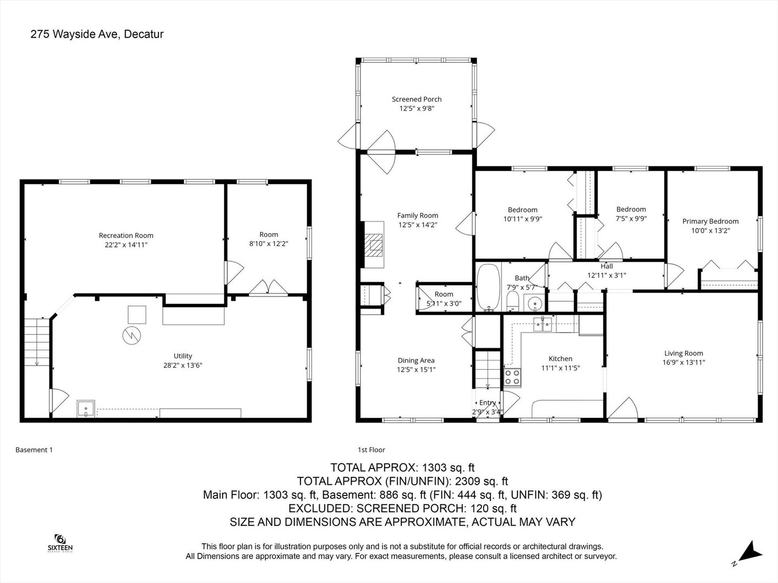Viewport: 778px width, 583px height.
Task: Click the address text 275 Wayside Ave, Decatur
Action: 97,34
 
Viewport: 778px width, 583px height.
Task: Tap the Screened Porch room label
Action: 417,99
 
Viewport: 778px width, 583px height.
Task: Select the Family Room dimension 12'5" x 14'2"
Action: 417,225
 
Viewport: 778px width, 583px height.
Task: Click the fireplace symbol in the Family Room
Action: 373,246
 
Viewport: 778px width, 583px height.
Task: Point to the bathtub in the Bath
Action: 489,287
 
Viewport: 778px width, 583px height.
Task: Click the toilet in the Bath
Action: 513,303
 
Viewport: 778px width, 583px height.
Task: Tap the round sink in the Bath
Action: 535,304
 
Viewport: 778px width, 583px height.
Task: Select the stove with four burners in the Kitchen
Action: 512,377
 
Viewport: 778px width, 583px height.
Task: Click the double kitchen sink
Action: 542,323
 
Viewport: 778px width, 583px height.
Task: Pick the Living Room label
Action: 683,354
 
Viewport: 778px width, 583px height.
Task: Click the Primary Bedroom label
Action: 710,221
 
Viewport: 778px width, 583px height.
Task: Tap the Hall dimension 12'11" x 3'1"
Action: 606,275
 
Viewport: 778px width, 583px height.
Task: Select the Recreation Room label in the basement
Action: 126,235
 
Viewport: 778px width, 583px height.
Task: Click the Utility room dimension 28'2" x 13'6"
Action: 183,365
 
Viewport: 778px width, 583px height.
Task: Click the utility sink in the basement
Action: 86,409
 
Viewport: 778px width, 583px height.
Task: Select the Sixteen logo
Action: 60,543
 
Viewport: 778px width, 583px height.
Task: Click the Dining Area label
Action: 416,361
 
